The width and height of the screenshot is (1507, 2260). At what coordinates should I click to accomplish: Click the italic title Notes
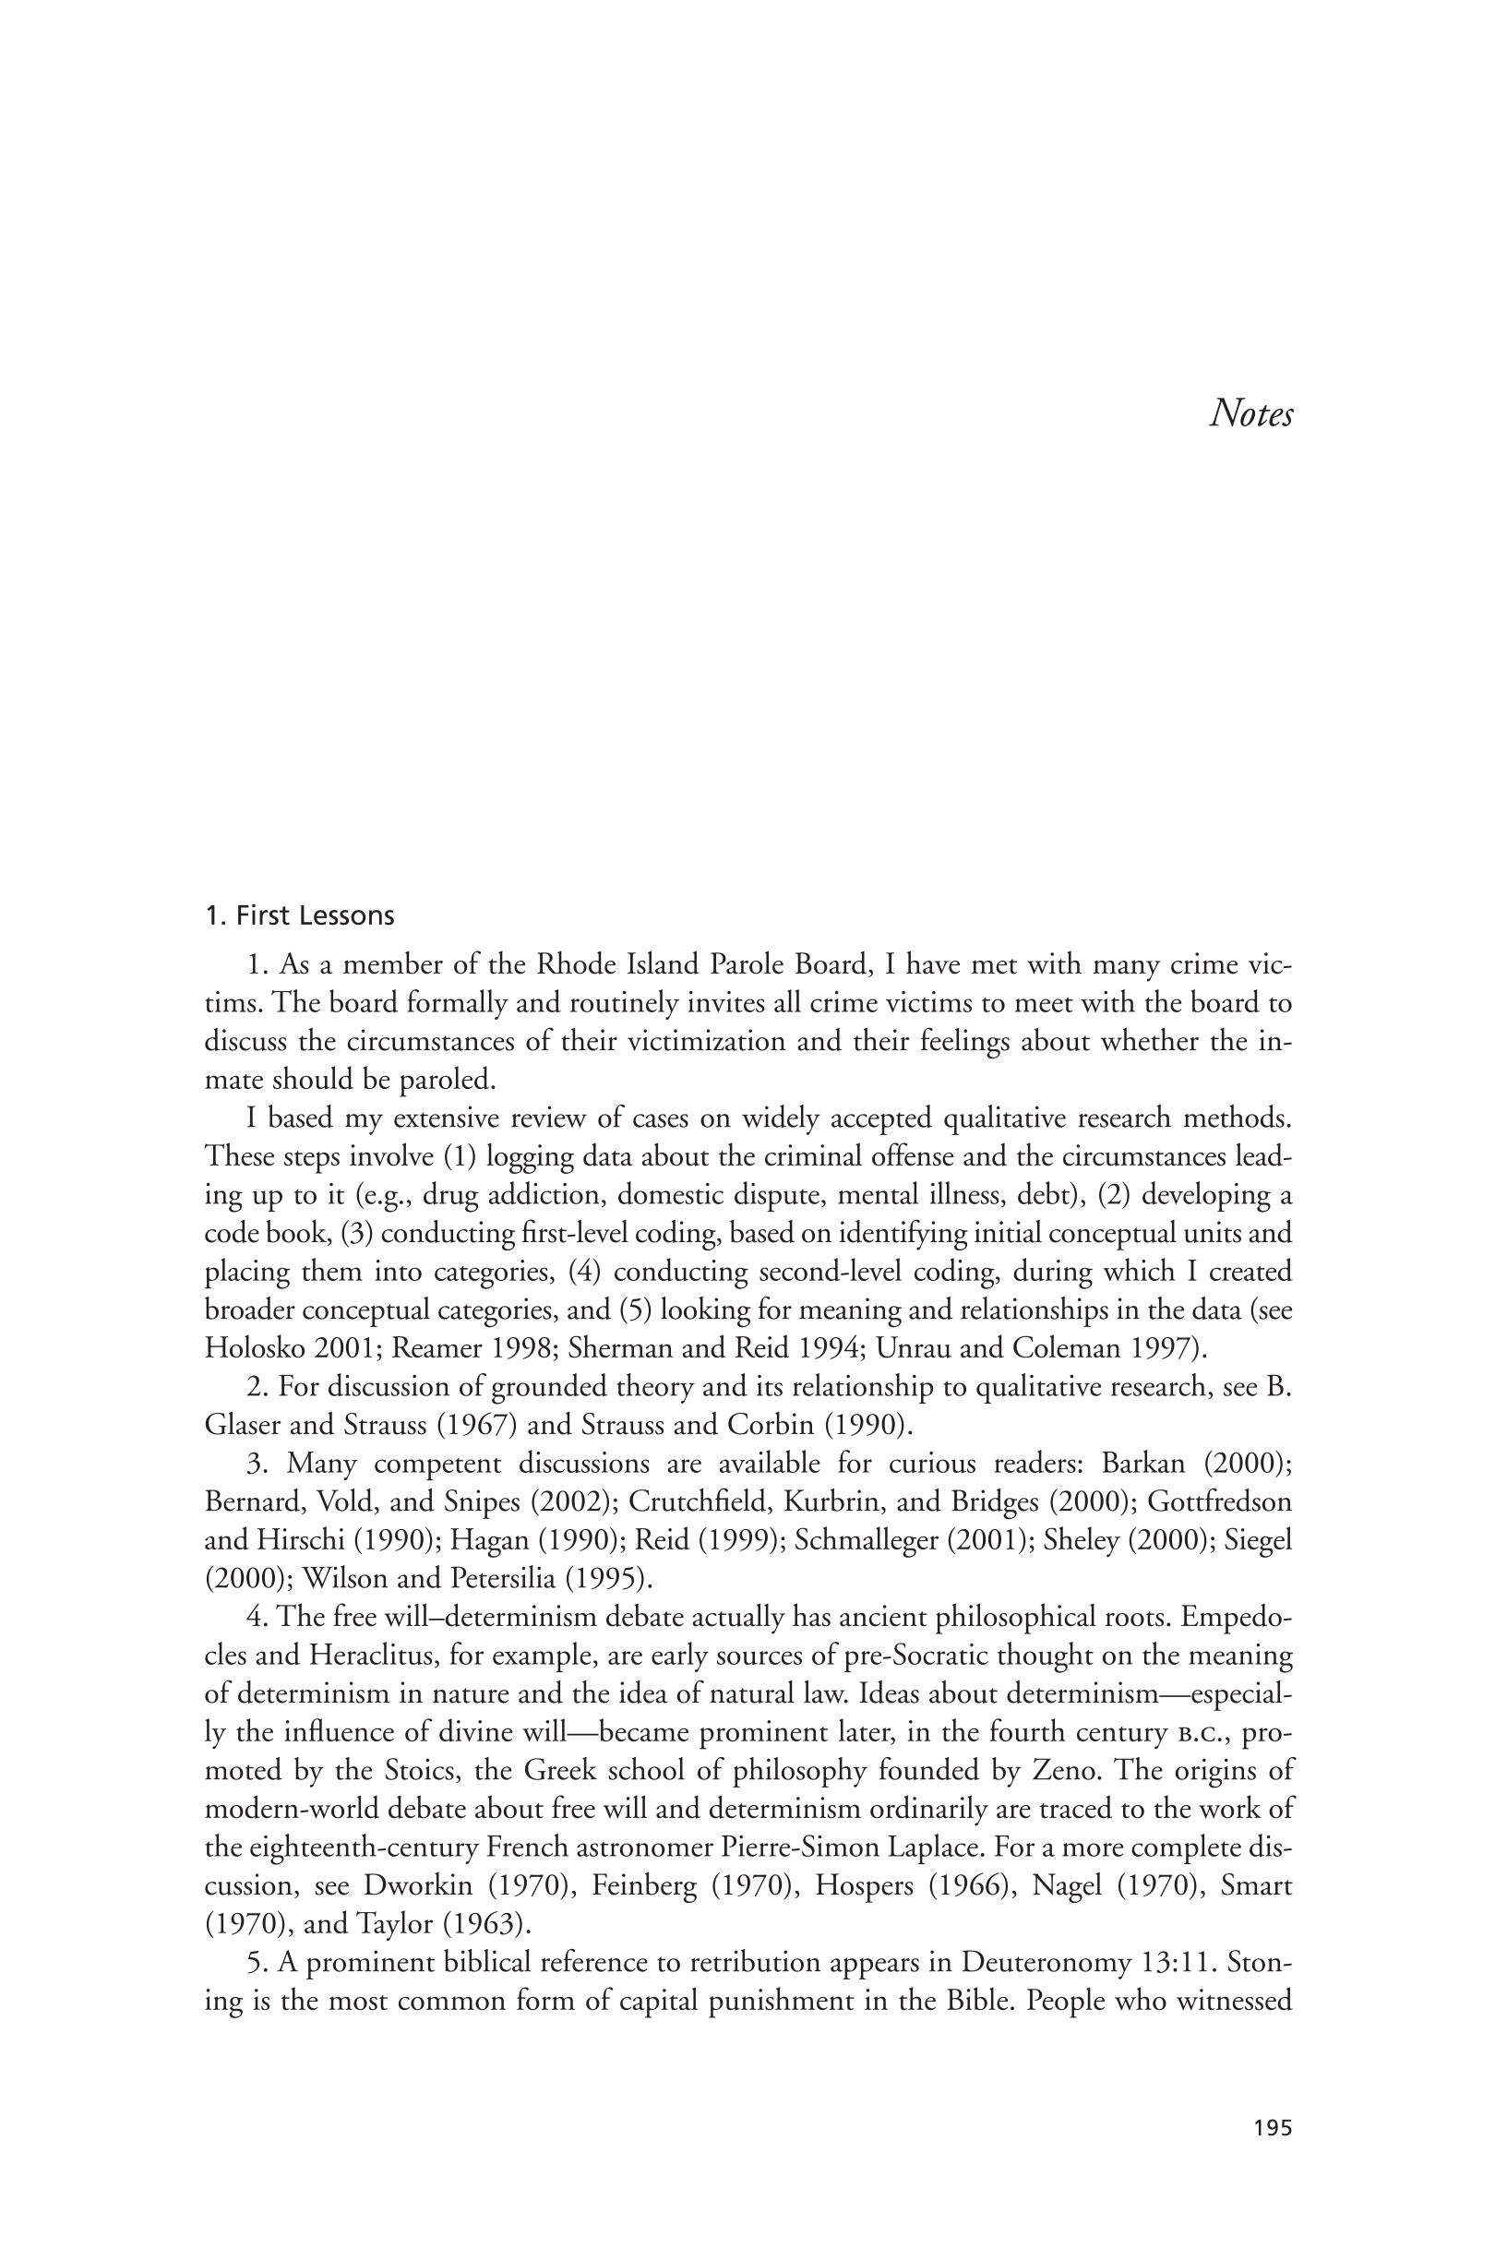point(1250,413)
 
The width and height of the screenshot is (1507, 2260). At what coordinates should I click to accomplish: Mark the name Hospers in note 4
point(858,1886)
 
